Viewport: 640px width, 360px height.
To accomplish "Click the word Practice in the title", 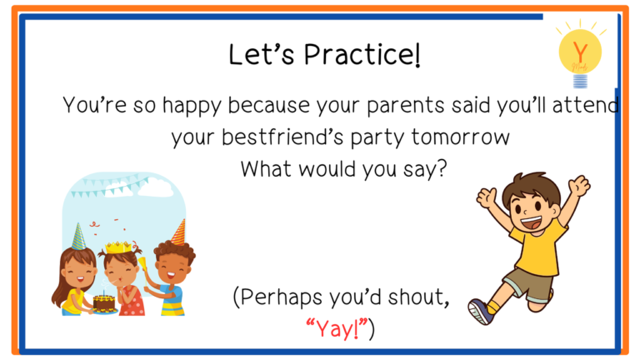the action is [362, 54].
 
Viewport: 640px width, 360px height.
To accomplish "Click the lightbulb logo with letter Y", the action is [580, 54].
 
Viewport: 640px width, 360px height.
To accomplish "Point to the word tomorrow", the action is [460, 137].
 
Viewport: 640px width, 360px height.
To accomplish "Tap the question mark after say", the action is [442, 168].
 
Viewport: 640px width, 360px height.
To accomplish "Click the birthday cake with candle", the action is [104, 303].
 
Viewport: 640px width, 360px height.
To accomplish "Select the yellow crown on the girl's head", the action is [118, 247].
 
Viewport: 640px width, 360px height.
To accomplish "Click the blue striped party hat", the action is [78, 237].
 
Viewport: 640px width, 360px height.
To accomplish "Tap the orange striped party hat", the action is [179, 232].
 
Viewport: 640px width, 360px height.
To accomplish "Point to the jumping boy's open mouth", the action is [531, 223].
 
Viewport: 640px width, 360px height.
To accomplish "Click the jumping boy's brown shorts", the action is [527, 284].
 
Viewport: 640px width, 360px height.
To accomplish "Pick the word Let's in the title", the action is [261, 54].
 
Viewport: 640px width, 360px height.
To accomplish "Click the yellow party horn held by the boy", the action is [142, 267].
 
